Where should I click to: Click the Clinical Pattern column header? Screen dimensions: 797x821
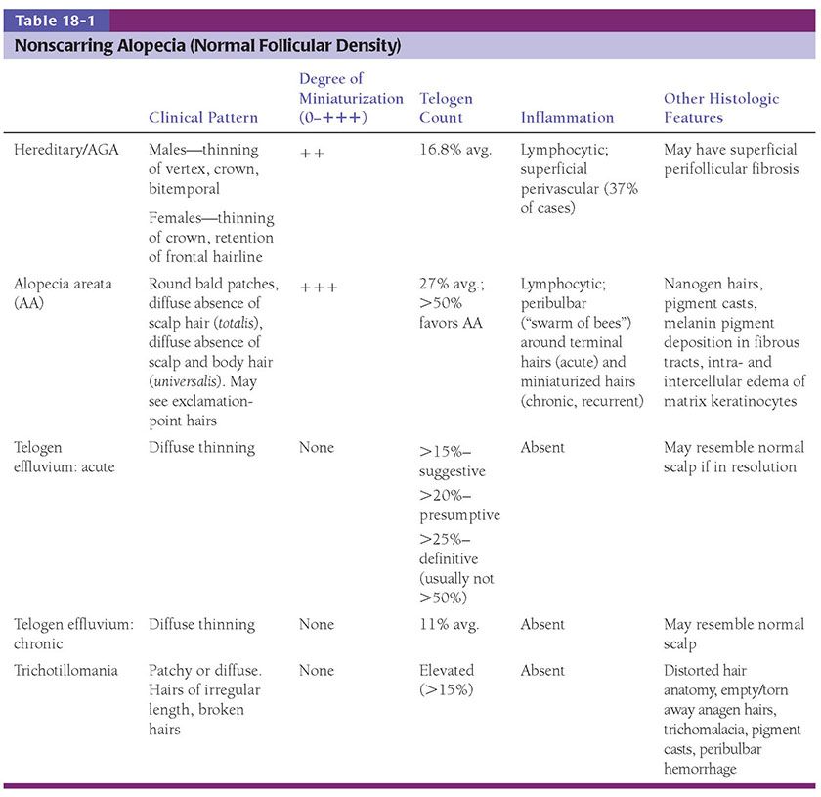click(x=203, y=117)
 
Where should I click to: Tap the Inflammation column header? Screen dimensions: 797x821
click(x=567, y=117)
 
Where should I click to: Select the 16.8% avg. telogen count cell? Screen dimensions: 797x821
click(x=457, y=150)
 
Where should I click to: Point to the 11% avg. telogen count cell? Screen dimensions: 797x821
click(x=450, y=624)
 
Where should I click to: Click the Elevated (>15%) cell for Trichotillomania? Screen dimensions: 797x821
click(x=448, y=680)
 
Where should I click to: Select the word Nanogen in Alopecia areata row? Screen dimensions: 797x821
click(x=692, y=284)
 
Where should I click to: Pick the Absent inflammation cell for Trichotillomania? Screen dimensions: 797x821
click(x=542, y=671)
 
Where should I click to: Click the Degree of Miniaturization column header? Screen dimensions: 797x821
click(x=350, y=98)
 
